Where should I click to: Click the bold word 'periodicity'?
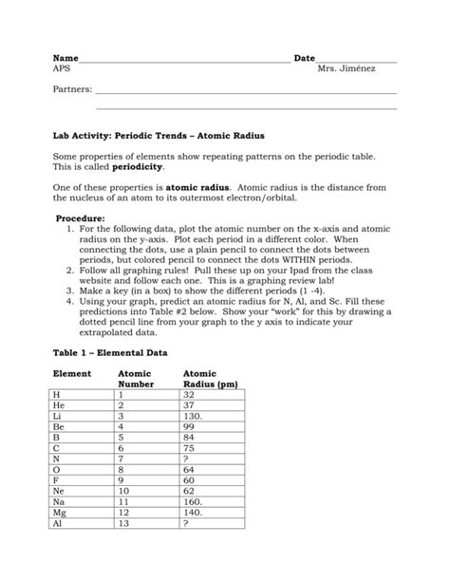(125, 165)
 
